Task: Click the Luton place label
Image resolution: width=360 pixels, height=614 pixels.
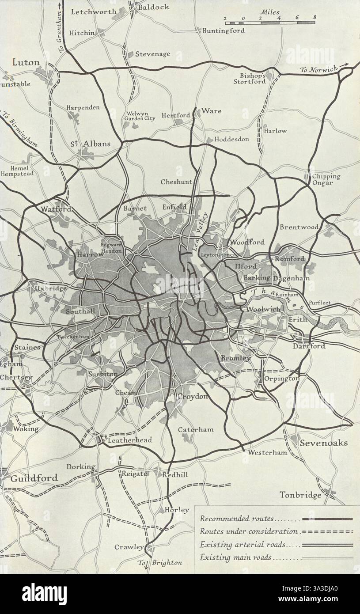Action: click(x=26, y=62)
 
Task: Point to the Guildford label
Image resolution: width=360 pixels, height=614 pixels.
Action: click(x=34, y=478)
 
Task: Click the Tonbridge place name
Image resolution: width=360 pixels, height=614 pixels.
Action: click(x=301, y=495)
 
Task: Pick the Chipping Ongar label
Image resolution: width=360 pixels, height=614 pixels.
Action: click(x=326, y=179)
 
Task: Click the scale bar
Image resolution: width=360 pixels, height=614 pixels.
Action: click(x=270, y=22)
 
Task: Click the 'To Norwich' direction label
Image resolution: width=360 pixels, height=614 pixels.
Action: click(x=318, y=69)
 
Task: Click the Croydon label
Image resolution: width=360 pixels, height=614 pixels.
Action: click(x=192, y=397)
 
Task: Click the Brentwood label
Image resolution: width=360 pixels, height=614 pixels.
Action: click(x=299, y=227)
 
